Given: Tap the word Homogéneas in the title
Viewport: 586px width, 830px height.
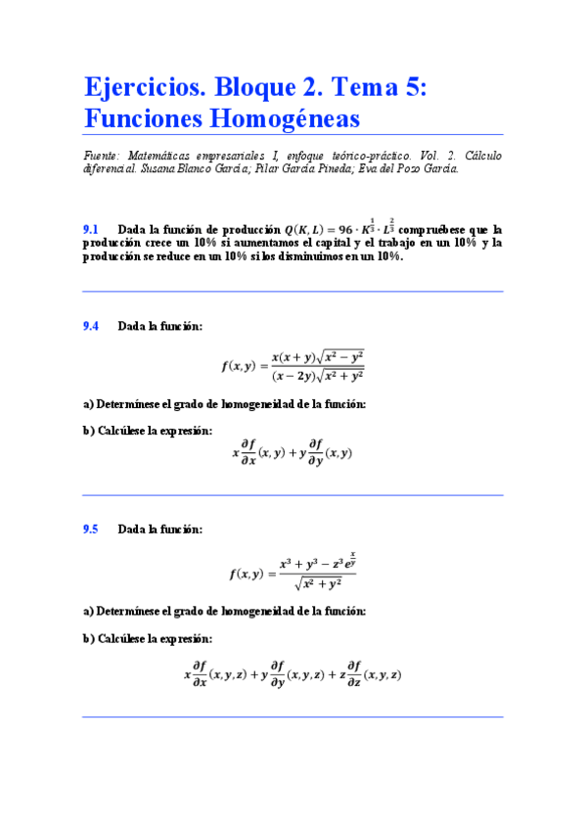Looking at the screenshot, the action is (291, 118).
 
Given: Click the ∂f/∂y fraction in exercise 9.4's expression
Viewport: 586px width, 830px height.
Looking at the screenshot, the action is (315, 452).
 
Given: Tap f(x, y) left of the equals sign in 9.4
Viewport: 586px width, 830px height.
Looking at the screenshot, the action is (238, 365).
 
